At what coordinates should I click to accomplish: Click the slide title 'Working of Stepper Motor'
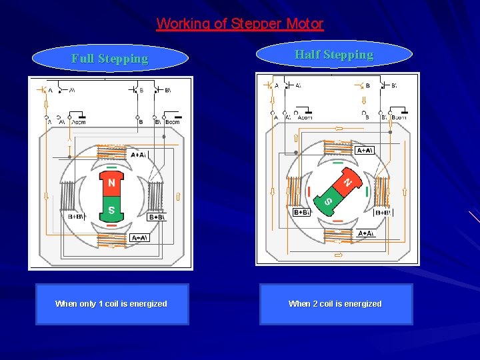click(x=240, y=24)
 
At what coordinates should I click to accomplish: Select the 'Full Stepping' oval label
click(x=110, y=59)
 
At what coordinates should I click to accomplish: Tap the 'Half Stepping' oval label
click(x=334, y=55)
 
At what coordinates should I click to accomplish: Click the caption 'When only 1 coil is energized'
click(x=111, y=304)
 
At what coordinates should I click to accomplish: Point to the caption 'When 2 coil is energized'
click(x=335, y=304)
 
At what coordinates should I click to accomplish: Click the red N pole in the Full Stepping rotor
click(x=111, y=183)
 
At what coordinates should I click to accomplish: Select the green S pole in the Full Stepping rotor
click(x=111, y=210)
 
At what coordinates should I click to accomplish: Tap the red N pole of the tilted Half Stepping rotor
click(x=346, y=180)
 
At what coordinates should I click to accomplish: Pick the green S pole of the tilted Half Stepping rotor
click(x=327, y=201)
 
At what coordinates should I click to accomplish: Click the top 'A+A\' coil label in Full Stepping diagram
click(x=139, y=155)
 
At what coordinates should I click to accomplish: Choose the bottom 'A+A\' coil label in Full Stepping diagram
click(x=139, y=238)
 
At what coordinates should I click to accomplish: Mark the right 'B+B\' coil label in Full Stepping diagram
click(x=157, y=217)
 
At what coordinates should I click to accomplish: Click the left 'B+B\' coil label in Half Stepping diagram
click(x=301, y=213)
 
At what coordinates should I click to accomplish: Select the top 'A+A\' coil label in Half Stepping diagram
click(x=364, y=151)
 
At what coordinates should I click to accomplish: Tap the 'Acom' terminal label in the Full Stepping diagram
click(x=79, y=122)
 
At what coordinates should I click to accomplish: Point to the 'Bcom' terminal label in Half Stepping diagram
click(x=399, y=117)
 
